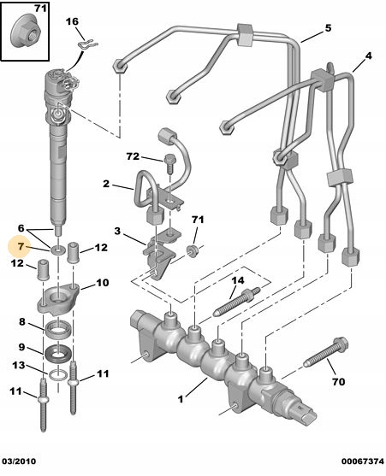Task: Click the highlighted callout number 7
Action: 21,246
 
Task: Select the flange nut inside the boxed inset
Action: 26,33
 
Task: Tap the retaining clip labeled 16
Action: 87,45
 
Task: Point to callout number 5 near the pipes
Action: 328,28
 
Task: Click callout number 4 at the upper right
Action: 368,56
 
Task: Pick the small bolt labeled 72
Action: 169,163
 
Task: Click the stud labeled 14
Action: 237,303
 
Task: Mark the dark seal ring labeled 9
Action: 59,354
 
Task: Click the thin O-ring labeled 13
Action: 58,375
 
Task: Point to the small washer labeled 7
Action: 57,250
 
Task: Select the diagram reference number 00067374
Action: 363,461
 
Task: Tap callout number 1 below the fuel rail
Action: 181,399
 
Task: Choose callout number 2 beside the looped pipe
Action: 106,184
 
